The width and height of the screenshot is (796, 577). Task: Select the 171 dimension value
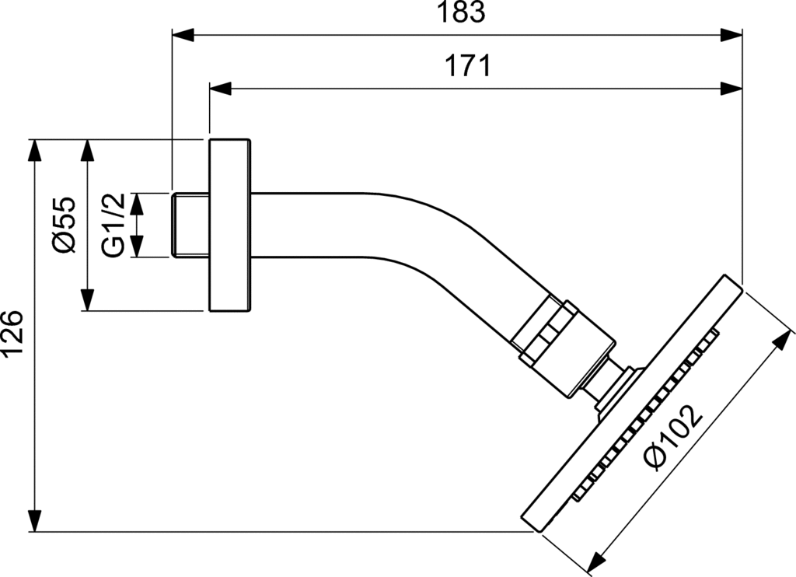(468, 66)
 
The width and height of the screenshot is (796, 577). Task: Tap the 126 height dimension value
(12, 334)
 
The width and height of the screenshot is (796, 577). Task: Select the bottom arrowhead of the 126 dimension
(34, 521)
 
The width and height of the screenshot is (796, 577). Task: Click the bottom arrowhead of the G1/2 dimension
(136, 247)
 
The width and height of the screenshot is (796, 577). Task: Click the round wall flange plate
(229, 225)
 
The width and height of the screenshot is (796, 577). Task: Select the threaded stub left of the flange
(190, 225)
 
